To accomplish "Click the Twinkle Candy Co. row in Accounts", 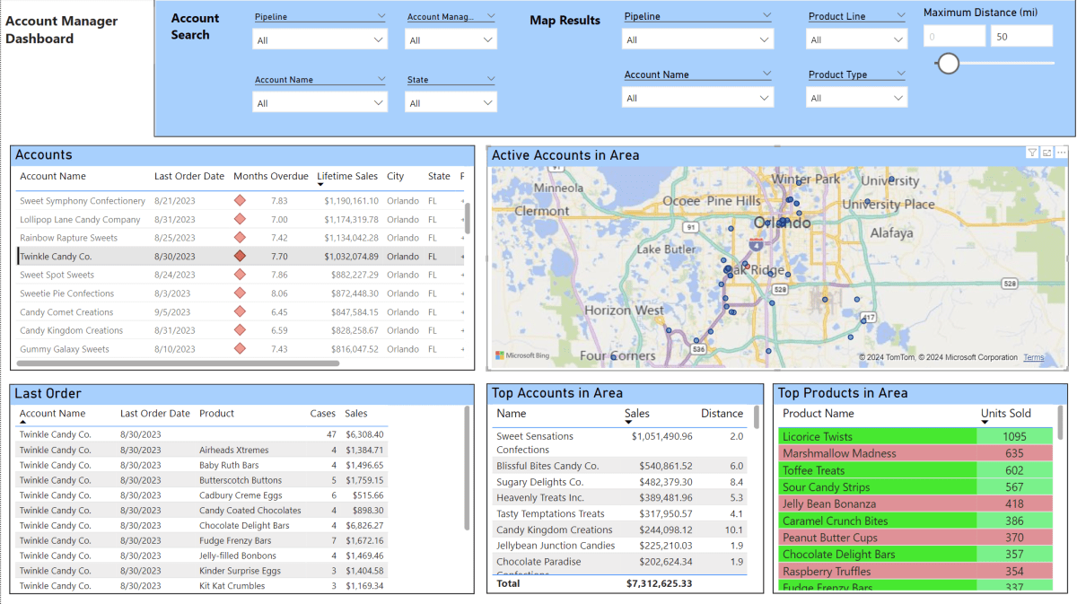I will tap(56, 257).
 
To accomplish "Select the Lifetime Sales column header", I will tap(347, 177).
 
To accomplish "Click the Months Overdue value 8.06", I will tap(279, 293).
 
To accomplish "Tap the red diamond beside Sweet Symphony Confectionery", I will tap(240, 201).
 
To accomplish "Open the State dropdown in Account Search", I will tap(451, 103).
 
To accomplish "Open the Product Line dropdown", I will tap(857, 39).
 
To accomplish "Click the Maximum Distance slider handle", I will tap(948, 63).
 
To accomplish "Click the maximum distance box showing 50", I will tap(1020, 36).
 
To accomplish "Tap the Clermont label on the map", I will tap(541, 211).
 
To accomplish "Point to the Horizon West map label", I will tap(624, 311).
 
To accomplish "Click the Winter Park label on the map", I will tap(805, 179).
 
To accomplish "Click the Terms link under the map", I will tap(1033, 357).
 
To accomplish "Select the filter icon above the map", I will tap(1032, 153).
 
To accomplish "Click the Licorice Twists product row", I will tap(818, 437).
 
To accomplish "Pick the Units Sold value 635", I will tap(1014, 453).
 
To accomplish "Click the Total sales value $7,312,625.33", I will tap(659, 583).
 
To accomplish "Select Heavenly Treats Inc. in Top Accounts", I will tap(539, 498).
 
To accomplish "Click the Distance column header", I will tap(722, 414).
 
